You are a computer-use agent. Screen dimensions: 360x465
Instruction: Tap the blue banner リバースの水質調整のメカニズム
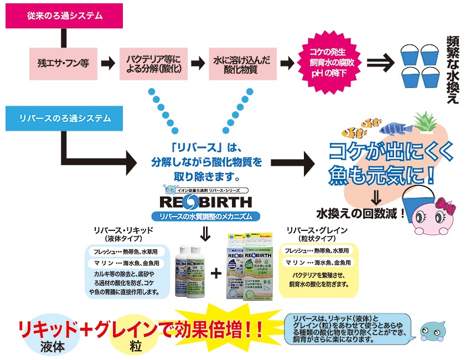pyautogui.click(x=205, y=216)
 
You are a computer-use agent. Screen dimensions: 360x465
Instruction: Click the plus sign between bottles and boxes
pyautogui.click(x=216, y=272)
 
